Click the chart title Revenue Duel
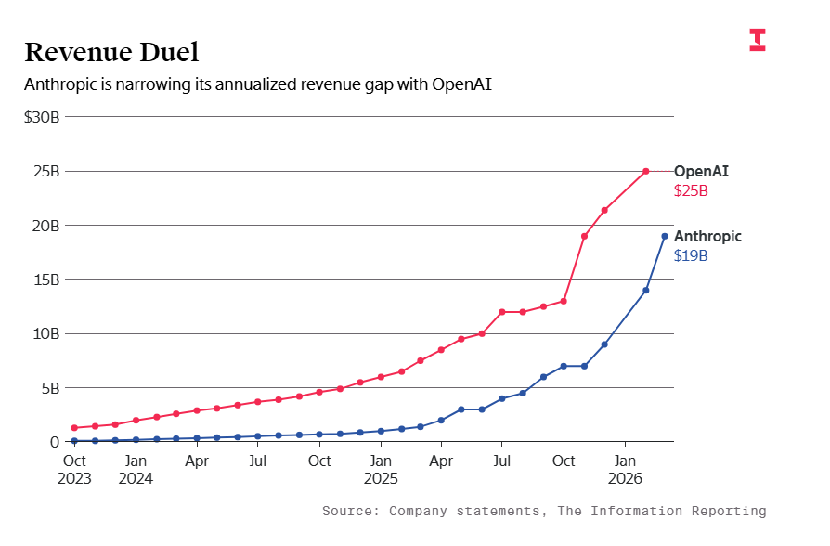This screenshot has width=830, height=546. (111, 52)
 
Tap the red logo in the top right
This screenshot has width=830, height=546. (758, 40)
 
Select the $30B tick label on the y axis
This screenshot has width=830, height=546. (42, 117)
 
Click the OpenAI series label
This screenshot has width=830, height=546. (701, 171)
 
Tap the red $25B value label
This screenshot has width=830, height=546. (691, 191)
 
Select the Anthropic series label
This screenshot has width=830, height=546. (707, 236)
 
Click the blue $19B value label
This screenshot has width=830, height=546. (691, 256)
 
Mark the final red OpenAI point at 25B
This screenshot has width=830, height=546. (646, 171)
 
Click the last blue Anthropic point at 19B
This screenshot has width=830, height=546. (665, 236)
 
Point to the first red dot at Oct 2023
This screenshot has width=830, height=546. (74, 428)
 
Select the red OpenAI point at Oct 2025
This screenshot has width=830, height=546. (564, 301)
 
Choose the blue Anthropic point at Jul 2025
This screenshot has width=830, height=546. (502, 398)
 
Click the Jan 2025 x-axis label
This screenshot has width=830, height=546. (380, 469)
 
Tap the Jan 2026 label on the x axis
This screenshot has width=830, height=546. (625, 469)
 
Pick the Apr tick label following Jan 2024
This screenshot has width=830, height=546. (197, 460)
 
